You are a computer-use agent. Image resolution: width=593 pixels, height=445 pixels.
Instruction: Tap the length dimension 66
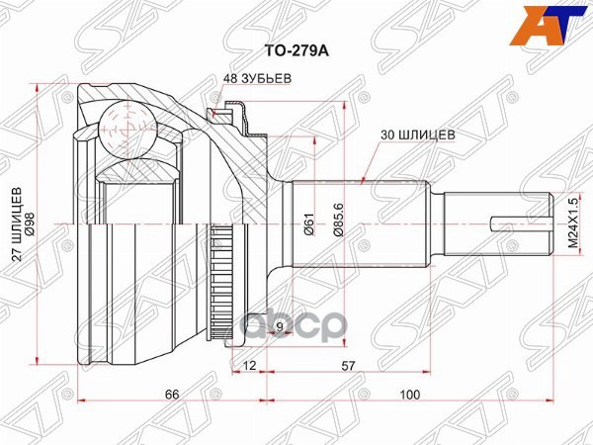171,394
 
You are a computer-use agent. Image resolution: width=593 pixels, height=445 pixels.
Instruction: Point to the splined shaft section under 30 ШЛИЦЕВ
360,222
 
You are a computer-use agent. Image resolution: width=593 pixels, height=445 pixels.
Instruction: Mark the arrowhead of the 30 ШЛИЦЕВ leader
364,182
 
